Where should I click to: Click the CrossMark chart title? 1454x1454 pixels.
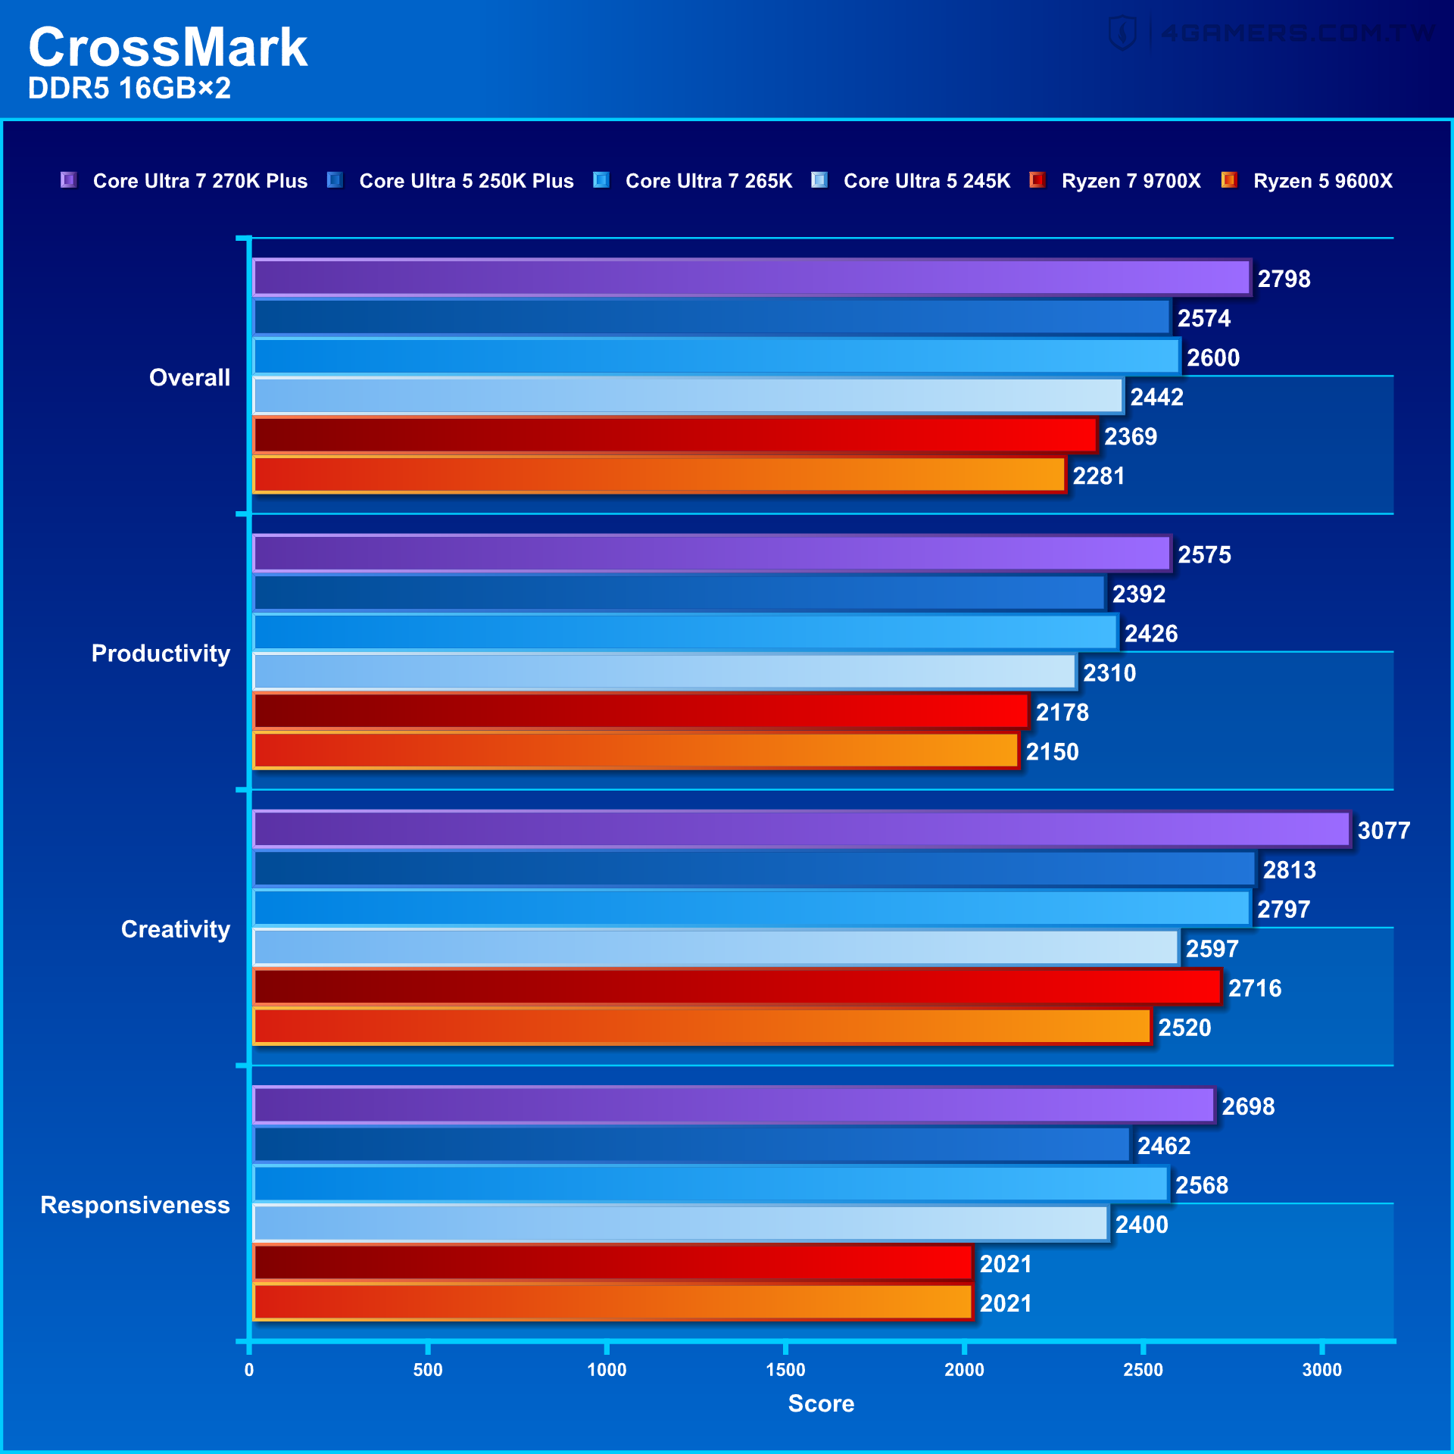click(167, 48)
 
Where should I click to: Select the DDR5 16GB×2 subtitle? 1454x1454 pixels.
click(129, 89)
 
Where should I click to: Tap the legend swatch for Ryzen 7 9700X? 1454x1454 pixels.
click(1037, 180)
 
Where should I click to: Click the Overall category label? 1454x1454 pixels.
click(189, 377)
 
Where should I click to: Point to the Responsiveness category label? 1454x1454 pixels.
click(135, 1205)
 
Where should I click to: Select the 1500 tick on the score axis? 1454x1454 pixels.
click(785, 1369)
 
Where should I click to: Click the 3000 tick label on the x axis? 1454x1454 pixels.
click(1321, 1369)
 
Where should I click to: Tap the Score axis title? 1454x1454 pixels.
click(821, 1403)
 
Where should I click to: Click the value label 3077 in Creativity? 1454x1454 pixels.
click(1383, 830)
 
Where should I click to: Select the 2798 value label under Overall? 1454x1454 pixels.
click(1284, 279)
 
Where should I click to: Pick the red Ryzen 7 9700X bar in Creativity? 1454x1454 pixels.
click(736, 987)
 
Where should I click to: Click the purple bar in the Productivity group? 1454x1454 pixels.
click(712, 554)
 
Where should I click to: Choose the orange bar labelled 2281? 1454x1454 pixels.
click(659, 475)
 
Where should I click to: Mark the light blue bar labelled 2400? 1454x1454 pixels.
click(680, 1223)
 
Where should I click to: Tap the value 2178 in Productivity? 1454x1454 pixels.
click(1062, 712)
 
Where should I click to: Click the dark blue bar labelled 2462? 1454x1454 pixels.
click(691, 1144)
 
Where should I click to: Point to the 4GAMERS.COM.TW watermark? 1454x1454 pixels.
click(1272, 33)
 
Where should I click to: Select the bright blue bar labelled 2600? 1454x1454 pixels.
click(716, 357)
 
